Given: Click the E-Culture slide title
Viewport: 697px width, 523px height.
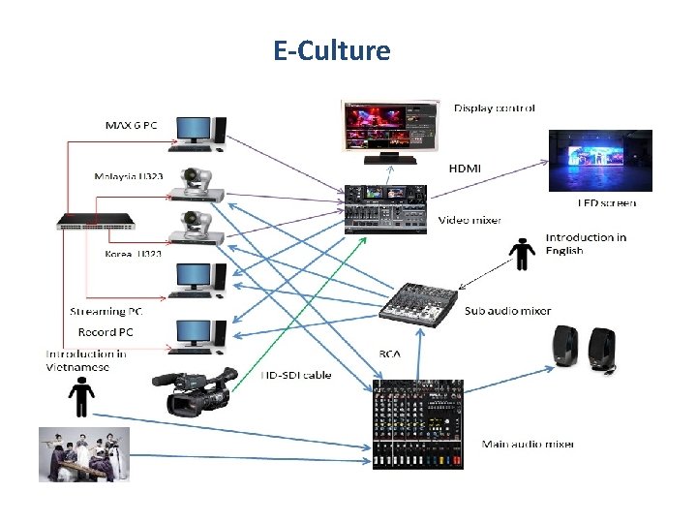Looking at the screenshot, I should pyautogui.click(x=332, y=50).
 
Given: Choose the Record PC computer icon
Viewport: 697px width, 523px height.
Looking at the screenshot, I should pyautogui.click(x=199, y=335).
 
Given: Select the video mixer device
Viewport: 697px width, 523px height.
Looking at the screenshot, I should pyautogui.click(x=385, y=208).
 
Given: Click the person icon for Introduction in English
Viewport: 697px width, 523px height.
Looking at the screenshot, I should pyautogui.click(x=523, y=255).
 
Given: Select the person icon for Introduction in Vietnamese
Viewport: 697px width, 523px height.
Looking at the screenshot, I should pyautogui.click(x=81, y=397).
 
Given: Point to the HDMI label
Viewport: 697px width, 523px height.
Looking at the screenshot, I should pyautogui.click(x=465, y=168).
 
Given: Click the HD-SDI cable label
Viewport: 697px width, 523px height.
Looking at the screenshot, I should pyautogui.click(x=296, y=375).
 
